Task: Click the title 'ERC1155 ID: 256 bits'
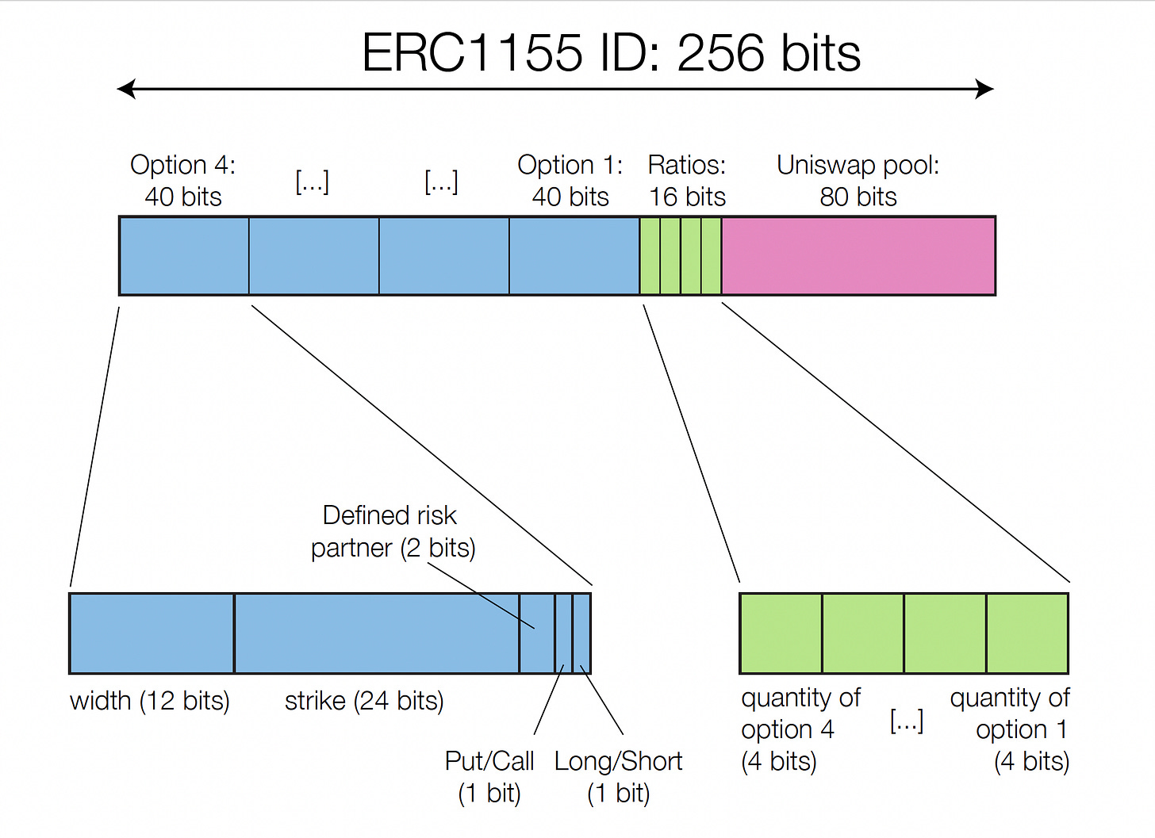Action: [x=611, y=53]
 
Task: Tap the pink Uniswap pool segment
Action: [x=858, y=256]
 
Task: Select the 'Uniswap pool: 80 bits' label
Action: [x=858, y=181]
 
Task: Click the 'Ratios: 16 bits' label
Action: [x=687, y=181]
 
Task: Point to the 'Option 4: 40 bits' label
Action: [x=183, y=181]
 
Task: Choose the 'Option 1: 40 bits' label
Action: [x=570, y=181]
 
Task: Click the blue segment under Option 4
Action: [x=184, y=256]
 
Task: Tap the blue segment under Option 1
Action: [x=574, y=256]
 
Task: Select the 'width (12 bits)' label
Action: [x=150, y=701]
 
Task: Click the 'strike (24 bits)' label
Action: [x=364, y=701]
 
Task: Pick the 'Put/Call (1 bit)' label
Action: [x=489, y=777]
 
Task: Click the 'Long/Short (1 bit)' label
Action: [x=618, y=777]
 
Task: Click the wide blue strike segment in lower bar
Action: [x=377, y=633]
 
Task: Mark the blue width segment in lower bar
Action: [x=152, y=633]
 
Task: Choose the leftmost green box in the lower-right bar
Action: [x=781, y=633]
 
